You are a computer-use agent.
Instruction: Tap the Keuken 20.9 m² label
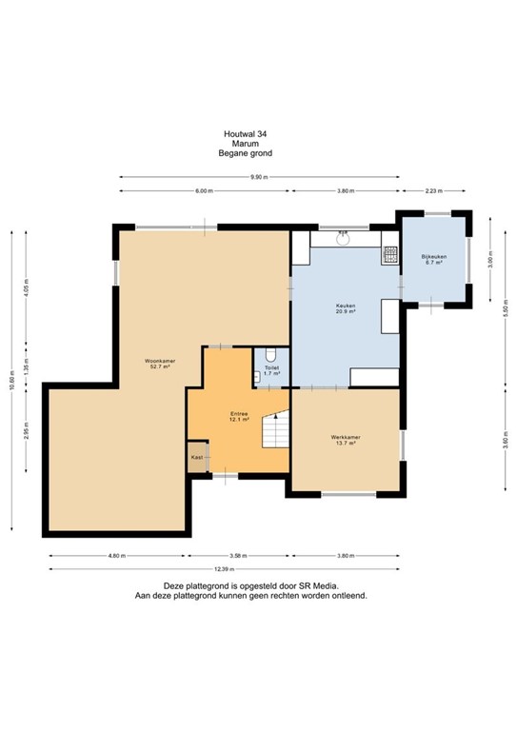tap(345, 308)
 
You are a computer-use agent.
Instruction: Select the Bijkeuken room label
tap(434, 260)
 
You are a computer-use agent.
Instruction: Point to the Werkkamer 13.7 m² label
tap(345, 442)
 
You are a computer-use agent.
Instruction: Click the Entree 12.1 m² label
tap(239, 418)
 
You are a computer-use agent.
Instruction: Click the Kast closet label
tap(197, 458)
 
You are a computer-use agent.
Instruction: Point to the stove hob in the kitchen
tap(389, 254)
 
